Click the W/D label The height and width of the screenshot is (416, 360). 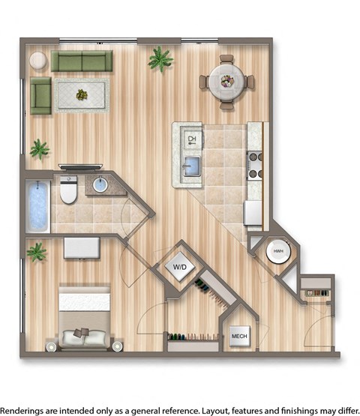tap(180, 267)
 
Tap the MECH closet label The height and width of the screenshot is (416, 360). tap(239, 335)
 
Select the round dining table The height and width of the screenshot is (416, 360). tap(226, 80)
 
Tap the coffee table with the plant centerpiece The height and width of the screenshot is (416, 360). tap(81, 94)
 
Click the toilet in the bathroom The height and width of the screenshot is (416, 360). tap(68, 190)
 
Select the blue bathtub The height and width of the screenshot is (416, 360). tap(37, 206)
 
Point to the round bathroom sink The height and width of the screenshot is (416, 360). tap(101, 185)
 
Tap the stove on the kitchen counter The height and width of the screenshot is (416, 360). tap(254, 164)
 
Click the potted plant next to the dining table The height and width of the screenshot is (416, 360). tap(160, 58)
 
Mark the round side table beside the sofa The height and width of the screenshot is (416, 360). tap(37, 61)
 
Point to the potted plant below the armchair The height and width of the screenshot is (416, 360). tap(39, 149)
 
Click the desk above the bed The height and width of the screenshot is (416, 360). tap(81, 247)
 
